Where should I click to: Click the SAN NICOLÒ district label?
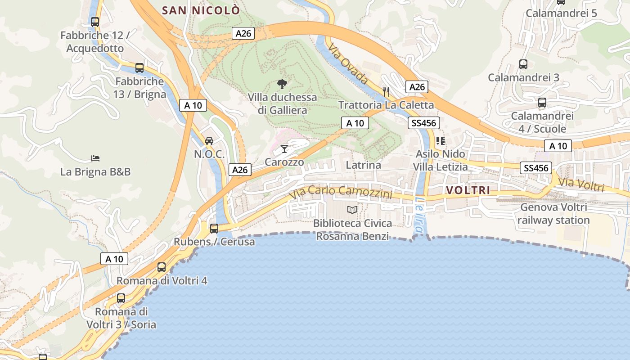(201, 10)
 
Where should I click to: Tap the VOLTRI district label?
(468, 190)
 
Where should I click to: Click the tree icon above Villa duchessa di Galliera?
(282, 84)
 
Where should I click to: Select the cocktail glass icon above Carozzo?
(284, 148)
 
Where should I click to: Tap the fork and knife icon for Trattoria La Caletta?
(386, 91)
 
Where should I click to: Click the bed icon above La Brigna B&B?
(95, 158)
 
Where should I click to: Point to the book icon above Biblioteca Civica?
(352, 210)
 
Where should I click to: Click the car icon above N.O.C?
(209, 141)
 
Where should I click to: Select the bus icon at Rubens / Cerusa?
(214, 228)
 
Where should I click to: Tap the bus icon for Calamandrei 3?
(523, 64)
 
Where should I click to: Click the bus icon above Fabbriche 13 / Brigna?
(139, 68)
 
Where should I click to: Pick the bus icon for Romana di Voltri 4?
(162, 267)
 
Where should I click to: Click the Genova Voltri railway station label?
(553, 214)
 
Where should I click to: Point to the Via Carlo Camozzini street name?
(341, 192)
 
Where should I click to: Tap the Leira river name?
(420, 216)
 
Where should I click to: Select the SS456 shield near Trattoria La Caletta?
(423, 123)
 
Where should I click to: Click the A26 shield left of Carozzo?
(240, 170)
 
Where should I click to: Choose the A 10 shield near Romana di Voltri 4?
(114, 259)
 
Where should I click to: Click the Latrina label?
(363, 165)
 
